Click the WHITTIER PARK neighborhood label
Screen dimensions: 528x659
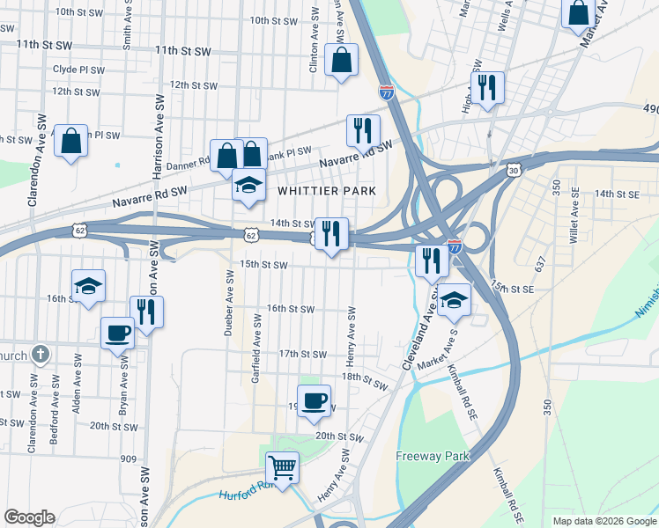tap(327, 191)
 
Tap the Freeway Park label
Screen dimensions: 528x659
tap(433, 456)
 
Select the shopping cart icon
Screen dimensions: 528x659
tap(282, 466)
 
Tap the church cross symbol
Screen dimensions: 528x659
tap(39, 355)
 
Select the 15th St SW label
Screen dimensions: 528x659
tap(264, 264)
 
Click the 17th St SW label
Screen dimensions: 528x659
tap(302, 354)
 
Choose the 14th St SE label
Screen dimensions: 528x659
tap(616, 194)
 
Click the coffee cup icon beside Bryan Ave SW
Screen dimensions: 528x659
tap(117, 333)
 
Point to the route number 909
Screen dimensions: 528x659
tap(129, 458)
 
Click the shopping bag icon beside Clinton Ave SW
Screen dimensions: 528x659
tap(341, 60)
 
